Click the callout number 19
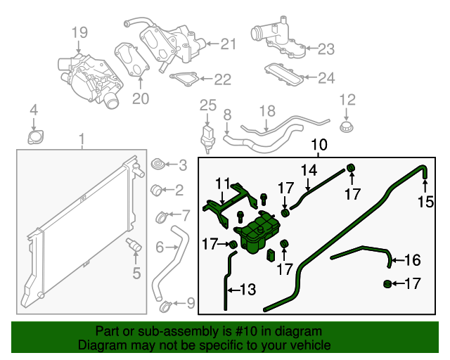[79, 32]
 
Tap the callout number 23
[326, 49]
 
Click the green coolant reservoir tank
[259, 232]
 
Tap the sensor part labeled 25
[208, 136]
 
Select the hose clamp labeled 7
[160, 216]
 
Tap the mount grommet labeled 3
[158, 165]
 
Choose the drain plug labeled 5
[133, 245]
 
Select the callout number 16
[412, 261]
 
